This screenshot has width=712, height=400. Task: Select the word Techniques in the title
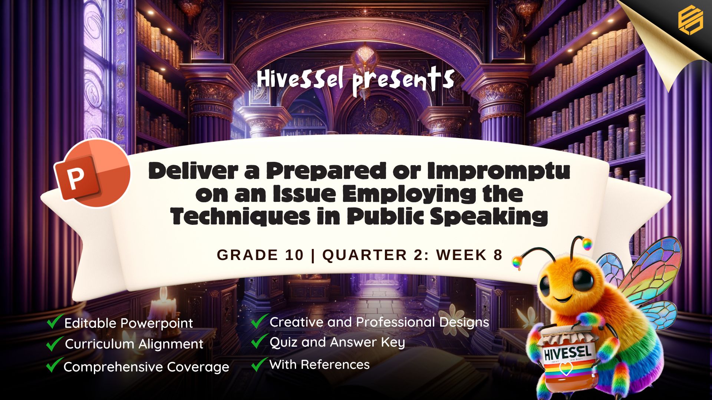click(241, 216)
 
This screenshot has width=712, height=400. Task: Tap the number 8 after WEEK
click(498, 255)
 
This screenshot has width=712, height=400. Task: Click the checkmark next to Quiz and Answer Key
click(259, 341)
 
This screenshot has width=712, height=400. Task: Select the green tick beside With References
click(259, 364)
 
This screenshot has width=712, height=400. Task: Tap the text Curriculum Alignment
click(134, 344)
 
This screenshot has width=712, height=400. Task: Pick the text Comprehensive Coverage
click(146, 367)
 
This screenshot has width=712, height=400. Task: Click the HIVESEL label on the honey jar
click(567, 353)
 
